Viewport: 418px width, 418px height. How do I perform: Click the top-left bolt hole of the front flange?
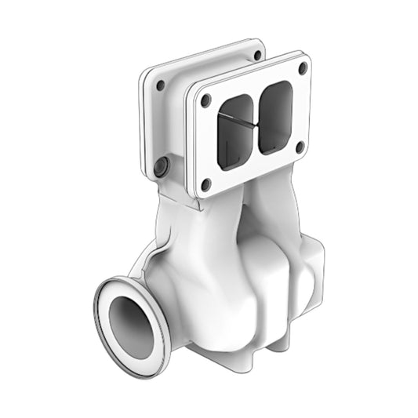pos(206,100)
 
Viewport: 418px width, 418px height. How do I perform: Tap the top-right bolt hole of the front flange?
pos(302,68)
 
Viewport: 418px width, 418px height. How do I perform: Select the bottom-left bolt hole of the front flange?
pos(206,184)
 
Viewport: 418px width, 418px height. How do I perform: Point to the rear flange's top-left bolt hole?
pos(160,85)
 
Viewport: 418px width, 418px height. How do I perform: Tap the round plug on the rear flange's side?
pos(162,166)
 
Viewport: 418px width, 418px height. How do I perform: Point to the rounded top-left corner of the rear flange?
pos(147,75)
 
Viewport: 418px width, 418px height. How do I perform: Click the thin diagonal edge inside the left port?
pos(235,123)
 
